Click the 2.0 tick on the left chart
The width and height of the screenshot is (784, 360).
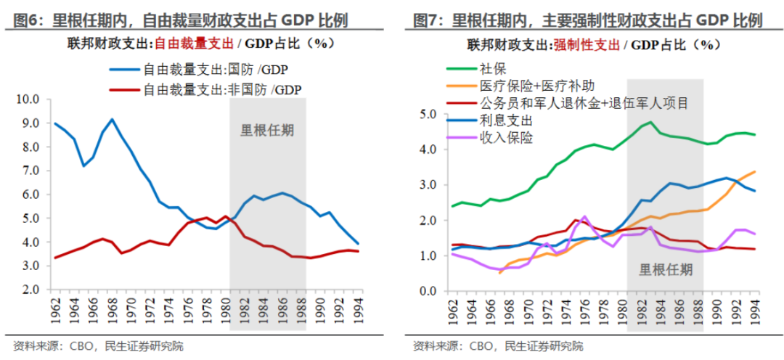tap(29, 290)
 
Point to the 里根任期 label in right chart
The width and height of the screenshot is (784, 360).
tap(665, 270)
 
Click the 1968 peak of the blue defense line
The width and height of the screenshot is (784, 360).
tap(112, 119)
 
